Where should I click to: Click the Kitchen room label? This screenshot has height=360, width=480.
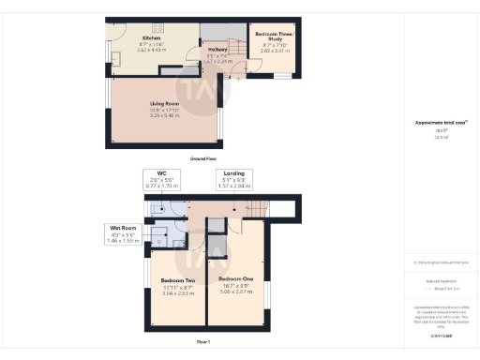tap(152, 39)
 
